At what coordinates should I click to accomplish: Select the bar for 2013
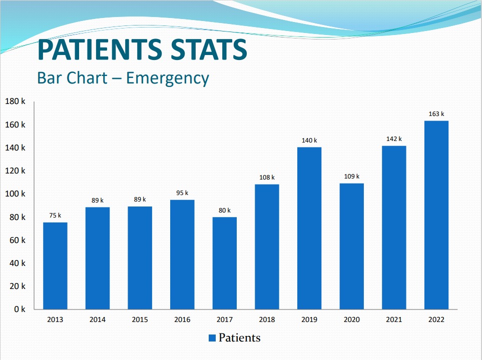coord(55,265)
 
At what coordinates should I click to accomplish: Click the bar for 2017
coord(225,263)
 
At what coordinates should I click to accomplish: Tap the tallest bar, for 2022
coord(436,215)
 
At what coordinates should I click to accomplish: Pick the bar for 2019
coord(309,228)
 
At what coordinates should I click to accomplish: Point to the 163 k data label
coord(436,114)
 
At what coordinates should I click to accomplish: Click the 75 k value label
coord(55,215)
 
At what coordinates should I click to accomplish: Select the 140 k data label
coord(309,140)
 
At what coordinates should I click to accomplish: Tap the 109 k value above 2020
coord(351,176)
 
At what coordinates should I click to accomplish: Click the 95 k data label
coord(182,193)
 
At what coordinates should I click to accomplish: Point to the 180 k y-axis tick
coord(15,101)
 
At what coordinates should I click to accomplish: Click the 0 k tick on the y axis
coord(20,309)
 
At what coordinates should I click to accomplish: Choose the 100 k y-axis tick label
coord(15,194)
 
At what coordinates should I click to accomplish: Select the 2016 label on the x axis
coord(182,320)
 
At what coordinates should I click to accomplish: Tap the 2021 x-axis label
coord(394,320)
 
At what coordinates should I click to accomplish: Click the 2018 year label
coord(267,320)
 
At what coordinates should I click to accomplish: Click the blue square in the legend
coord(212,338)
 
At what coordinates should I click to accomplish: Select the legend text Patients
coord(239,338)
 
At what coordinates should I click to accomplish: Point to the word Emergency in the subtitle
coord(167,78)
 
